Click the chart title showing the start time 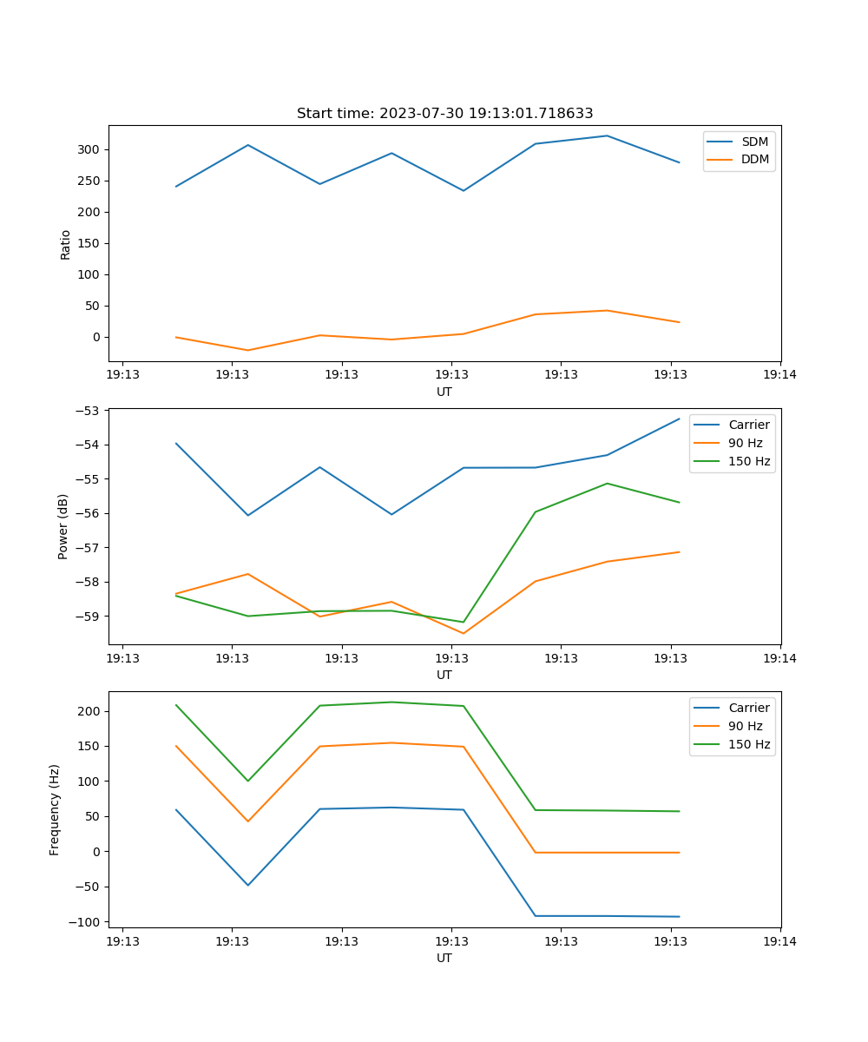point(444,114)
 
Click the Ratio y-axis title point(66,244)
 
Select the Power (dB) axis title point(63,526)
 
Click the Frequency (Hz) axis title point(55,809)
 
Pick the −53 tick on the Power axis point(90,411)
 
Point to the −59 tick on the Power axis point(90,616)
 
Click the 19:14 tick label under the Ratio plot point(779,375)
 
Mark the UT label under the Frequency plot point(444,958)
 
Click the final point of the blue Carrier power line point(680,419)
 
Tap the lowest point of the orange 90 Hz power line point(464,633)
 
